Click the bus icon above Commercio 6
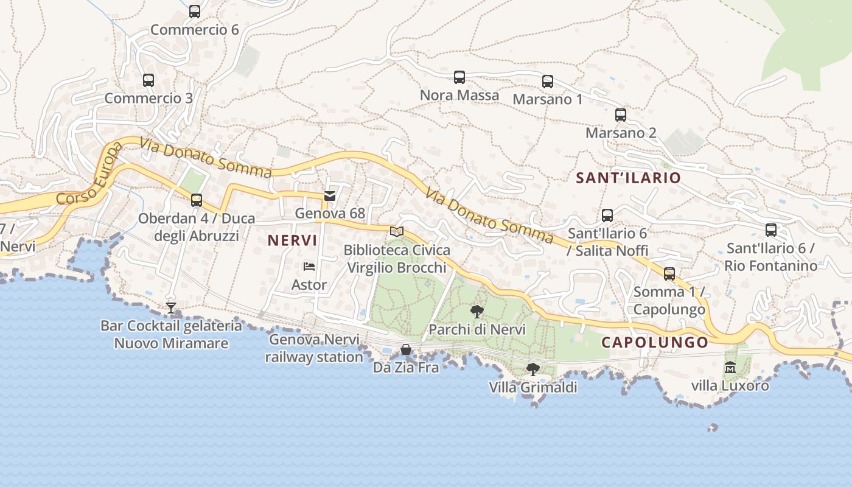195,11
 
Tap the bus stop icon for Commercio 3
148,80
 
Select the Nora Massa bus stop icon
459,77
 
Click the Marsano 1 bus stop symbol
548,81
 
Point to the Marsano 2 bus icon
621,114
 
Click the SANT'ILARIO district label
628,178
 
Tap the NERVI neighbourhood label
292,240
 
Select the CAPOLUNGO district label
655,343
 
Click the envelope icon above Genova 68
330,195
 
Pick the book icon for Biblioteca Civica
397,231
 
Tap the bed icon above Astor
309,267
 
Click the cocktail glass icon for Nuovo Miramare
171,308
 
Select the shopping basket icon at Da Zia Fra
406,349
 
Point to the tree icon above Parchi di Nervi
477,312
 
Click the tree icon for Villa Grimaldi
533,369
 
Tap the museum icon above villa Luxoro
730,367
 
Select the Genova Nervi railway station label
314,348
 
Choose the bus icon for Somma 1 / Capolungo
669,273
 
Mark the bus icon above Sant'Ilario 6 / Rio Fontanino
771,229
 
